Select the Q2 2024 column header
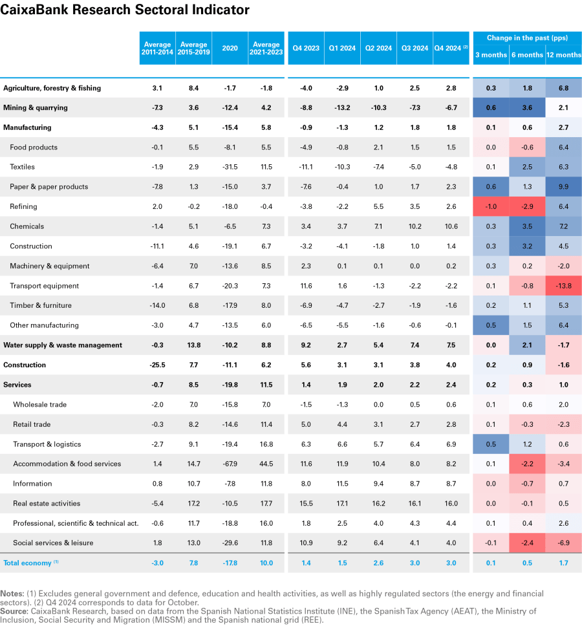pos(379,48)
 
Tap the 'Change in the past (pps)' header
pos(526,38)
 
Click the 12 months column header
pos(563,55)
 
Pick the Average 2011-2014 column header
pos(157,48)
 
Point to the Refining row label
pos(23,206)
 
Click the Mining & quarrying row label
pos(36,107)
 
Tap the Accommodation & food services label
pos(67,464)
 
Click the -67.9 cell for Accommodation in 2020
pos(230,464)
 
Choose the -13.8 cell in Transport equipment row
pos(563,286)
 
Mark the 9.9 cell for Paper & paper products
pos(563,187)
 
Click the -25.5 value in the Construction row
pos(157,365)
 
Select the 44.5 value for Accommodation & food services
pos(266,464)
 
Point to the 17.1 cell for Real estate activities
pos(342,503)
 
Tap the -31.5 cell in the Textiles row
pos(230,167)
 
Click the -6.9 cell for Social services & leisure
pos(563,543)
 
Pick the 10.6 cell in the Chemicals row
pos(451,226)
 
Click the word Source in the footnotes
pos(13,610)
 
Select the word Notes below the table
pos(12,593)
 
